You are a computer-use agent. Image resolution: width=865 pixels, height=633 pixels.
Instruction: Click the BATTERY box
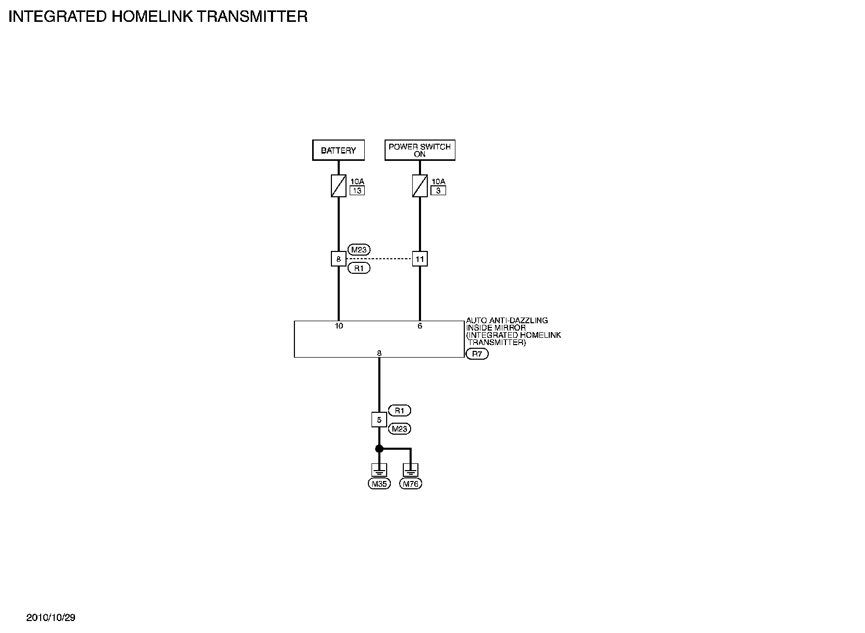(x=338, y=150)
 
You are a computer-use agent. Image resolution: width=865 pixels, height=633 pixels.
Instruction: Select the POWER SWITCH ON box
(x=419, y=150)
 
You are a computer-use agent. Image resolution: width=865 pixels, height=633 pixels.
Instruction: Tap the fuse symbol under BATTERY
(x=339, y=186)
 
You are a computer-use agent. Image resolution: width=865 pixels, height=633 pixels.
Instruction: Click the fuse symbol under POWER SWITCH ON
(x=419, y=186)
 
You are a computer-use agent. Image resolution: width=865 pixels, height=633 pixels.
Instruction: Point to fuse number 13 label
(x=357, y=191)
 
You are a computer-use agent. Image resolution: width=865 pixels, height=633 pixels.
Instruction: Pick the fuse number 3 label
(x=438, y=191)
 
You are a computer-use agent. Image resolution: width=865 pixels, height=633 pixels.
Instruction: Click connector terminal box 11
(x=419, y=259)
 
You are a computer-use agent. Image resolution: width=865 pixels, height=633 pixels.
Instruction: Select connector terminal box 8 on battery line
(x=339, y=259)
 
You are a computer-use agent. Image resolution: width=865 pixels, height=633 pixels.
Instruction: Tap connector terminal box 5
(x=379, y=420)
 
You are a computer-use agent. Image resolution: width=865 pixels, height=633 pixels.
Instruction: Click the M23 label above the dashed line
(x=359, y=249)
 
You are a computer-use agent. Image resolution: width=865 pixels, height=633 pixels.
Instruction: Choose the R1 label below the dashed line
(x=359, y=269)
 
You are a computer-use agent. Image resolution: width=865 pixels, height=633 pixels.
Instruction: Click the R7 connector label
(x=477, y=354)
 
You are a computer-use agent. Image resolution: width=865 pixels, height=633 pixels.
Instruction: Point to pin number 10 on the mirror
(x=339, y=326)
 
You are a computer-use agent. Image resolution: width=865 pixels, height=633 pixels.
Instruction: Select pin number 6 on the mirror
(x=419, y=326)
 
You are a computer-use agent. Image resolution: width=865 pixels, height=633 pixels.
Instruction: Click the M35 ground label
(x=379, y=484)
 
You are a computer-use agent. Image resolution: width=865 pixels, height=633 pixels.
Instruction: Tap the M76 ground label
(x=411, y=484)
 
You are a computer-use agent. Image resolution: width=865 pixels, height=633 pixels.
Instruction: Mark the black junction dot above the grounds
(x=379, y=449)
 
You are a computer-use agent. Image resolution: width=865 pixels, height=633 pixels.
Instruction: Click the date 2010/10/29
(x=51, y=618)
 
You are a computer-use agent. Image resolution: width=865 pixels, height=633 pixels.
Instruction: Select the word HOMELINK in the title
(x=151, y=17)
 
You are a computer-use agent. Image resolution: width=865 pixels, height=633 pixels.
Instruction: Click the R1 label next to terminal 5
(x=399, y=411)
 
